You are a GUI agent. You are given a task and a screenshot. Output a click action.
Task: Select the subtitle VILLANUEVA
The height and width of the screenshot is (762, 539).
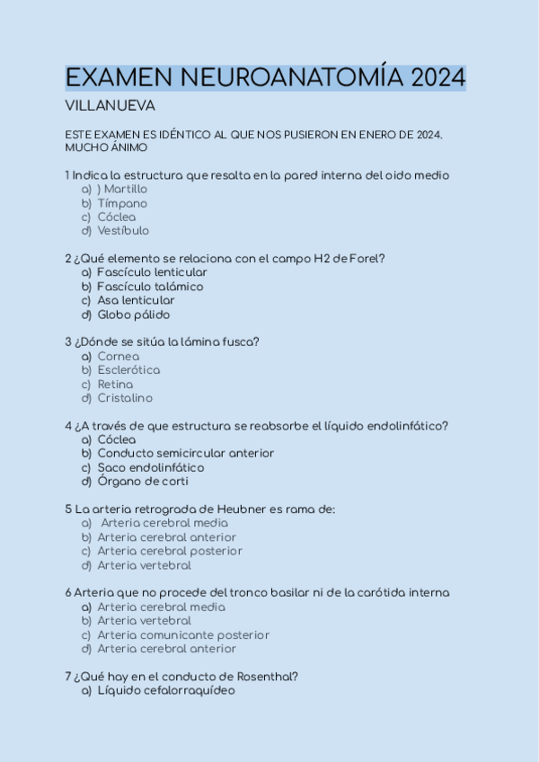click(110, 106)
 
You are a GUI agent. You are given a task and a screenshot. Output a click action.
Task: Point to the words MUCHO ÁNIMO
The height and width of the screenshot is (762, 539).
click(106, 147)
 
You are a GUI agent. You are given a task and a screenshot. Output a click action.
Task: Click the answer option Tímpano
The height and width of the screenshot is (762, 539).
click(122, 204)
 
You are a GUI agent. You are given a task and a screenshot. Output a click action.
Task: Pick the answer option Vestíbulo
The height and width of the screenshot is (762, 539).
click(124, 232)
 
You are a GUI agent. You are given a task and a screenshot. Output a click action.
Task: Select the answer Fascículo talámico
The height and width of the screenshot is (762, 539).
click(150, 287)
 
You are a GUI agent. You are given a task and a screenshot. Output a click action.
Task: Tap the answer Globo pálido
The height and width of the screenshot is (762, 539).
click(134, 315)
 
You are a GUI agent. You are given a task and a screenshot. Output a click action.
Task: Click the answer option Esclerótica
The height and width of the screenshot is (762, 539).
click(128, 370)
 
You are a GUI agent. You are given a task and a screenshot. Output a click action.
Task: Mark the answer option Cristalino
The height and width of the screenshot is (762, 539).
click(125, 398)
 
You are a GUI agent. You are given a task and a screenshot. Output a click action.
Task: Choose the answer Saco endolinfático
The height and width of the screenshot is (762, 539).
click(151, 467)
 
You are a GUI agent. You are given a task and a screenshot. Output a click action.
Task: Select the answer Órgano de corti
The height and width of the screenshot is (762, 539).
click(143, 482)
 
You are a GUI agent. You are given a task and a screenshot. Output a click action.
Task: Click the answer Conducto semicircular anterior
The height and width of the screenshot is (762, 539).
click(185, 454)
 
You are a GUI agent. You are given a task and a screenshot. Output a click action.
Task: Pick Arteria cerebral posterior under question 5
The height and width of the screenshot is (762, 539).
click(170, 552)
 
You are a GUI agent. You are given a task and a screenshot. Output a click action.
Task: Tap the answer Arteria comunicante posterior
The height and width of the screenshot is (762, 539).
click(183, 635)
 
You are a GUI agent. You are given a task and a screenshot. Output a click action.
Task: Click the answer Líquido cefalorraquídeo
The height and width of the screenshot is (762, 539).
click(166, 691)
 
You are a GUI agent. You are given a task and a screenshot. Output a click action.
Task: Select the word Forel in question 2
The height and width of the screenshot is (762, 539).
click(368, 259)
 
